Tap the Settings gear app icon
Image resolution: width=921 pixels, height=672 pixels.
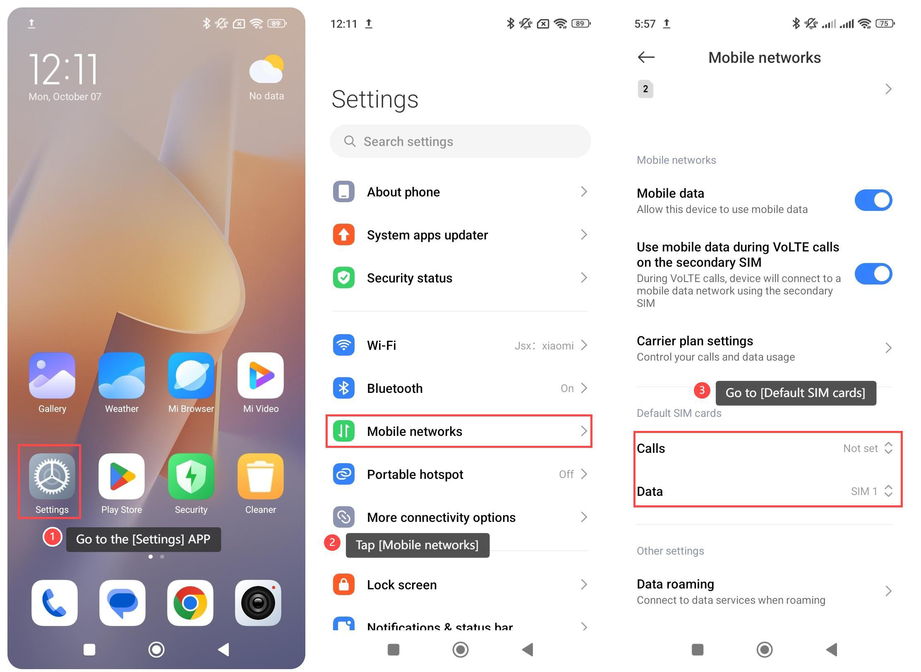[52, 476]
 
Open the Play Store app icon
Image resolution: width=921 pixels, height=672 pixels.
[122, 476]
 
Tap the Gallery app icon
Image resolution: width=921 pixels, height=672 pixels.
[52, 375]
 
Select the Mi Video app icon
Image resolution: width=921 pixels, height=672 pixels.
[261, 375]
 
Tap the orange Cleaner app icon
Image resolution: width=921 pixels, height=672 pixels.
[261, 476]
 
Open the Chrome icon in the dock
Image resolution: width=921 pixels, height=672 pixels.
[190, 603]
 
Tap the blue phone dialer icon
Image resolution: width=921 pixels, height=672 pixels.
[55, 603]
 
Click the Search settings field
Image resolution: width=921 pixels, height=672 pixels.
[460, 141]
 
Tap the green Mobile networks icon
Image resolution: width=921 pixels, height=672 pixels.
[344, 431]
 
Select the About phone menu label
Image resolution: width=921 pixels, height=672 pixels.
[403, 192]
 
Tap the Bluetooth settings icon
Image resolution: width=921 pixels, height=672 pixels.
[344, 388]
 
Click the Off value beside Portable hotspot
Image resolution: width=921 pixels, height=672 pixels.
[566, 474]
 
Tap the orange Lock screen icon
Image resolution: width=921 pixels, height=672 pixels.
[344, 584]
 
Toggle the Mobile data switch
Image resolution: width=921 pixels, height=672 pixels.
[873, 200]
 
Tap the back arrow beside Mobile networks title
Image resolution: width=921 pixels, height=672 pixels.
[646, 57]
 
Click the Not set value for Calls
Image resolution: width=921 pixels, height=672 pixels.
[860, 448]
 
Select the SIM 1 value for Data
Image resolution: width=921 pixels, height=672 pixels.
[864, 491]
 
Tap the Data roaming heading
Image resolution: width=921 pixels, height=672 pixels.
[675, 584]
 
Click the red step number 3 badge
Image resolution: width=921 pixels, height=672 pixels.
[702, 390]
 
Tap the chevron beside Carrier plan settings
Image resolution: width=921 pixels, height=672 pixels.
[888, 348]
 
